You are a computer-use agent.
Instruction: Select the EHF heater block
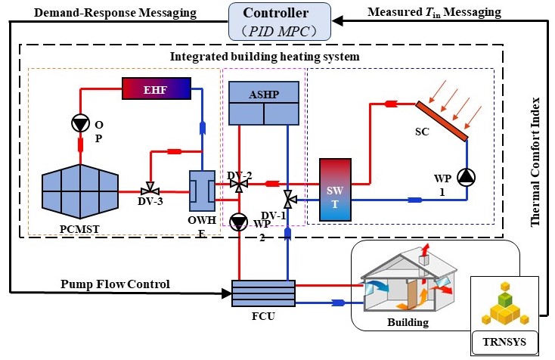[157, 90]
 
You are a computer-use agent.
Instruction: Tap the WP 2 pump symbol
[239, 222]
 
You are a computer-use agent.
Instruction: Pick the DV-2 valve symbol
[240, 185]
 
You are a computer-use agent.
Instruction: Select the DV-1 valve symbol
[288, 200]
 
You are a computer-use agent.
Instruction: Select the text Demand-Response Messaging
[100, 13]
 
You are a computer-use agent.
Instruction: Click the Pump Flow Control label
[113, 284]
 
